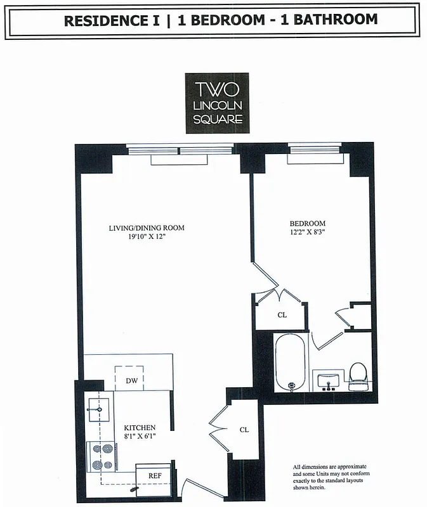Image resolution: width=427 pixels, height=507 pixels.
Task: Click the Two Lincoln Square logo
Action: [x=217, y=103]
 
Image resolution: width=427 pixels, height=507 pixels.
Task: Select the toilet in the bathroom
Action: [x=359, y=376]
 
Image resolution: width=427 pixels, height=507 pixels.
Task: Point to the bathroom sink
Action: [x=328, y=381]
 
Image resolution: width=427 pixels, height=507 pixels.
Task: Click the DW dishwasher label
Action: [x=131, y=381]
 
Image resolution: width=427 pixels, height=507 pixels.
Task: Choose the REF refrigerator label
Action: [x=154, y=475]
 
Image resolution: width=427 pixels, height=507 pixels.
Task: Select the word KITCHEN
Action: [x=140, y=428]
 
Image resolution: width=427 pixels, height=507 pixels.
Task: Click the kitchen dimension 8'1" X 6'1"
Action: [x=140, y=437]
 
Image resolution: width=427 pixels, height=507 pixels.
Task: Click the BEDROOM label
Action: [x=308, y=223]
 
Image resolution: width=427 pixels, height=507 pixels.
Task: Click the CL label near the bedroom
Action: [x=282, y=315]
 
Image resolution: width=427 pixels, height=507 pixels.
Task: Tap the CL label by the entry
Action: [x=244, y=429]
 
